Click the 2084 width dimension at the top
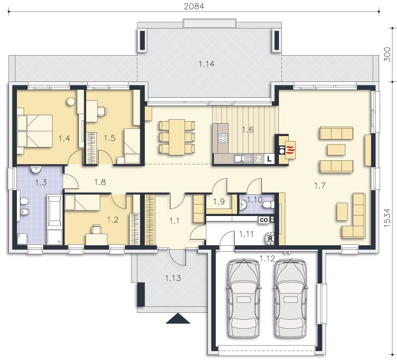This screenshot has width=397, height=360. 194,6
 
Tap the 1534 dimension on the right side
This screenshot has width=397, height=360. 387,217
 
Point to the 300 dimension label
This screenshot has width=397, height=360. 387,54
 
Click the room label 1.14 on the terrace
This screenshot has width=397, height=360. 206,64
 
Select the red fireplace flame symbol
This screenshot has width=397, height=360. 290,150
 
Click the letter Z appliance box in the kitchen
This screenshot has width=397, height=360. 259,159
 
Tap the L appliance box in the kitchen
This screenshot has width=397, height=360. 269,159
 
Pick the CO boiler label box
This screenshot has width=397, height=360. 264,220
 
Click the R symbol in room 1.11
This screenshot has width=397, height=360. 270,239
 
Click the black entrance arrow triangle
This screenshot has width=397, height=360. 178,318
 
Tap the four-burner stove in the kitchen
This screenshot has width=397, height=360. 223,138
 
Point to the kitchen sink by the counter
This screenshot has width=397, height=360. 243,158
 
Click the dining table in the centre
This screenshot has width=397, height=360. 177,137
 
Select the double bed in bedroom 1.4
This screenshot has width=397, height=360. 35,131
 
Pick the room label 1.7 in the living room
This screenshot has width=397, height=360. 320,186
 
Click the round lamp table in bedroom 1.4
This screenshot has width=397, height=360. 71,102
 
